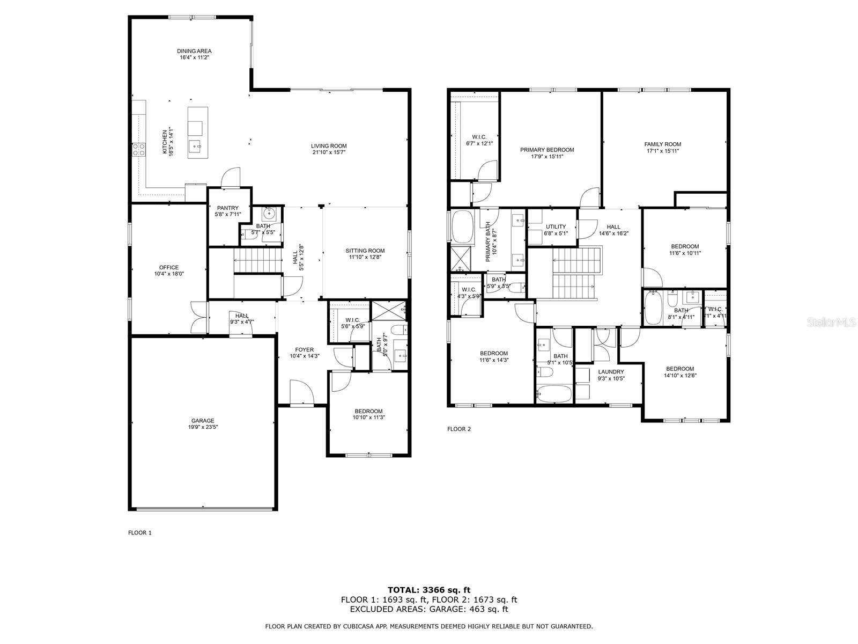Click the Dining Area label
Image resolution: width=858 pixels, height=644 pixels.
click(194, 51)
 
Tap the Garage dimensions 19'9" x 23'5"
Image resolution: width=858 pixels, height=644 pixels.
click(203, 428)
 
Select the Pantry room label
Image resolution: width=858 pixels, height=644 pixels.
click(228, 208)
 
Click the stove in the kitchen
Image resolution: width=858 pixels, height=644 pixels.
click(139, 149)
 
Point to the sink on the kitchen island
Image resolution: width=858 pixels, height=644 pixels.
click(195, 145)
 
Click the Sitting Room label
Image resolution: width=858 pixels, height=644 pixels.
click(365, 251)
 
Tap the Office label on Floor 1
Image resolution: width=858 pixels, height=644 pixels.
click(169, 267)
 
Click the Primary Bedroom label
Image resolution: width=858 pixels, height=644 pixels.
click(547, 150)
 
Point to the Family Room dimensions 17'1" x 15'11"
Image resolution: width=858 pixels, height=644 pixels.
click(663, 151)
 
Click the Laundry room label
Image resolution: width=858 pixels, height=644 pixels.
click(611, 371)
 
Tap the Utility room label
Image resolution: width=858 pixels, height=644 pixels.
click(556, 226)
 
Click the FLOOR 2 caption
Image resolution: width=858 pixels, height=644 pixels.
click(458, 429)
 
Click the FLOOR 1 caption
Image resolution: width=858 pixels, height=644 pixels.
click(139, 533)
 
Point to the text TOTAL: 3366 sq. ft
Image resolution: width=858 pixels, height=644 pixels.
click(429, 590)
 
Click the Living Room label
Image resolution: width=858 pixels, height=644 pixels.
click(329, 146)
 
